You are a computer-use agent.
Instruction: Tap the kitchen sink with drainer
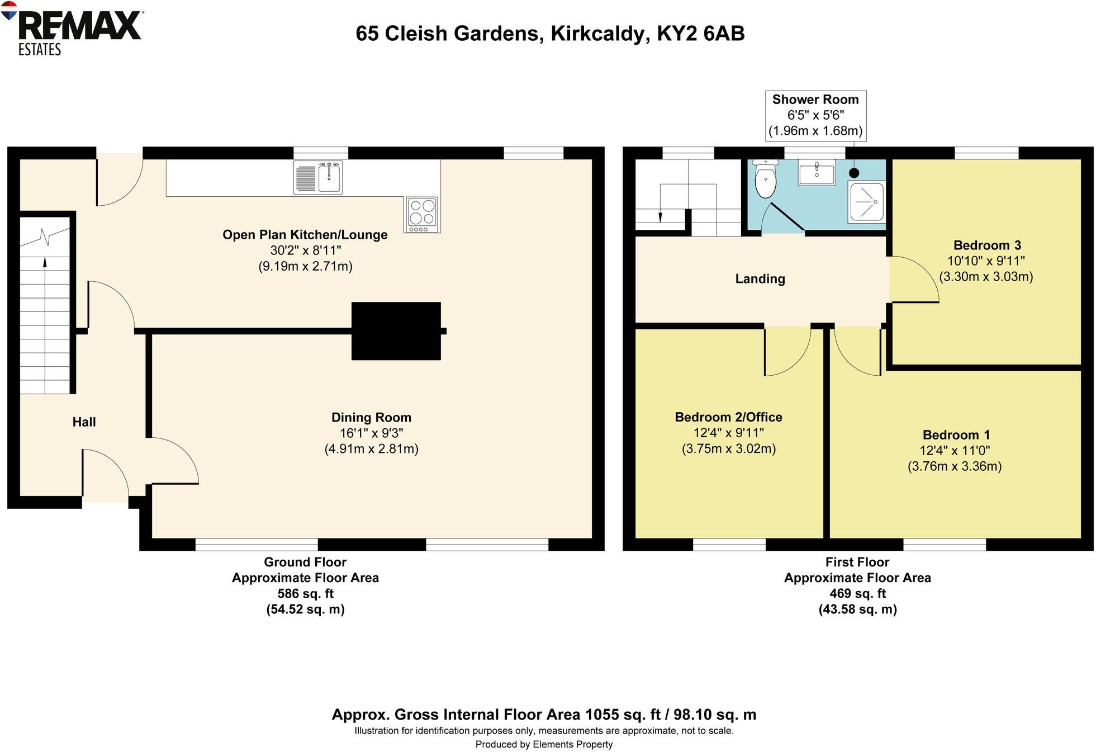coord(317,178)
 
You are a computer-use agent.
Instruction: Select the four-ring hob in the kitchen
coord(422,214)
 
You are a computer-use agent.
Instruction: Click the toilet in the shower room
coord(765,179)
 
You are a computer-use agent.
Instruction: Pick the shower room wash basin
coord(817,172)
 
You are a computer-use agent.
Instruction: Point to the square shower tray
coord(867,201)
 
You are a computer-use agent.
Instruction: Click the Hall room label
coord(84,422)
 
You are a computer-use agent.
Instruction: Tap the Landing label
coord(760,278)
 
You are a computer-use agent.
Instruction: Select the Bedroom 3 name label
coord(986,245)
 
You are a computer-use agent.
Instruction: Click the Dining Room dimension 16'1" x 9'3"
coord(371,433)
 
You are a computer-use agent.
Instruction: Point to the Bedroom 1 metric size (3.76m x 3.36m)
coord(954,466)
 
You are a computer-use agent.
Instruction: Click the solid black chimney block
coord(396,331)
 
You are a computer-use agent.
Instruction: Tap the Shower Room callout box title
coord(815,100)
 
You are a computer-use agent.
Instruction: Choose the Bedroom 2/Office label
coord(728,417)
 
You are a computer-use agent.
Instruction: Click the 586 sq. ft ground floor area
coord(305,593)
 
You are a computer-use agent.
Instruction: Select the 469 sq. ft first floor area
coord(857,593)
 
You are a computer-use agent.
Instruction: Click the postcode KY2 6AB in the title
coord(700,34)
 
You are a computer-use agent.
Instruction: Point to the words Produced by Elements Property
coord(544,744)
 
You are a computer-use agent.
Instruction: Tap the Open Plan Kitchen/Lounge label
coord(305,235)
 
